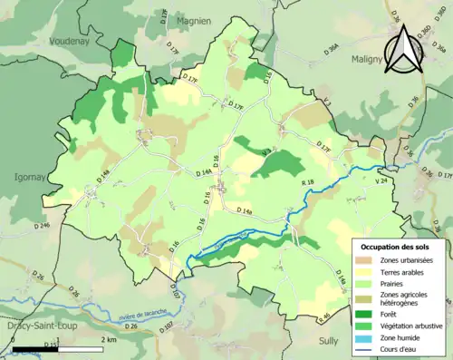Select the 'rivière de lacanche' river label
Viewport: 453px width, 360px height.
pos(144,314)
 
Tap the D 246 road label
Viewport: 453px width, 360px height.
pos(43,225)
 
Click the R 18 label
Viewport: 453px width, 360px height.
pos(307,184)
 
